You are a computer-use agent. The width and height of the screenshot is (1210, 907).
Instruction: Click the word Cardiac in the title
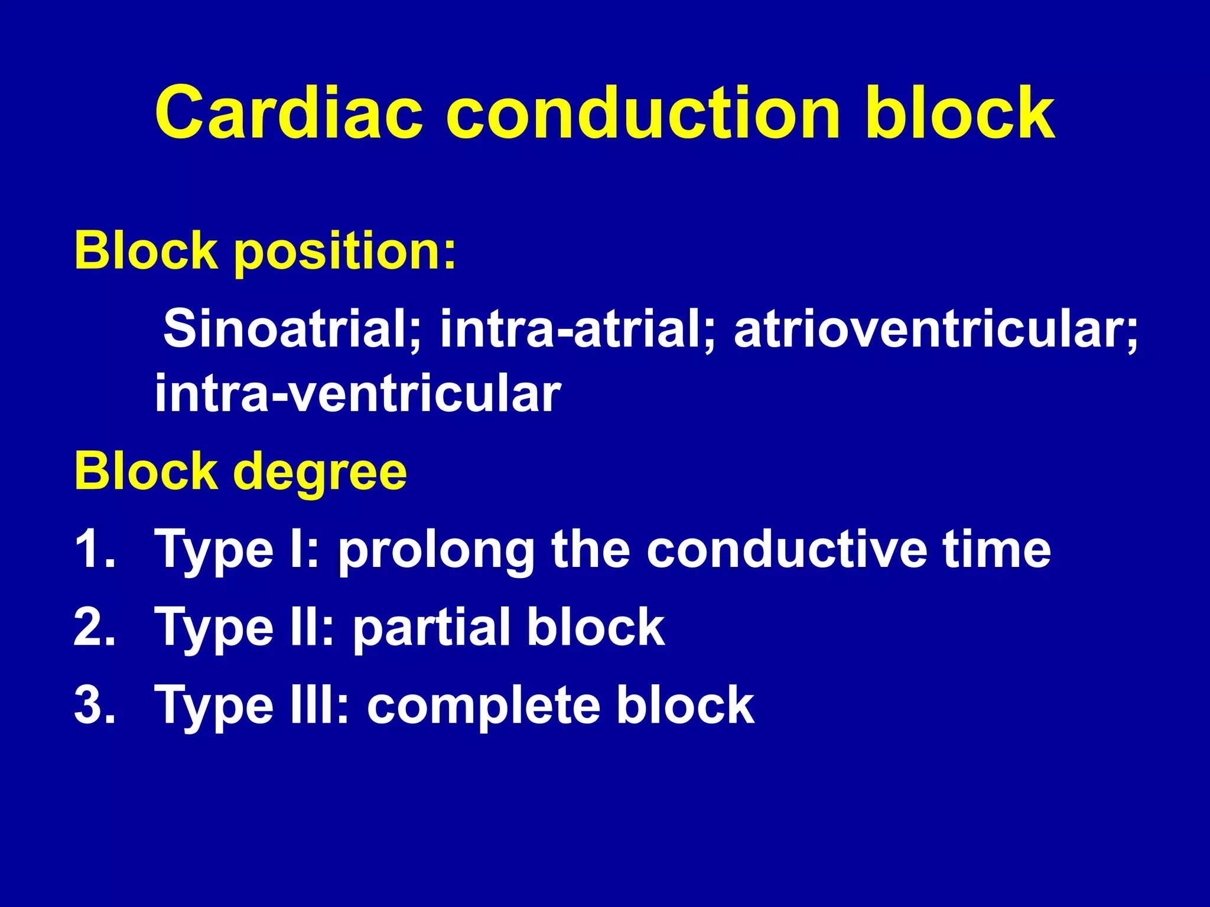288,112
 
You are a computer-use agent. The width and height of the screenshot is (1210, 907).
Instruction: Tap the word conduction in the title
643,112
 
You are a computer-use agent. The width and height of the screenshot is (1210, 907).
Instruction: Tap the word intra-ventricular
357,394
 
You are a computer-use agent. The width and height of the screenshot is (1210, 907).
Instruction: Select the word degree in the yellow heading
319,472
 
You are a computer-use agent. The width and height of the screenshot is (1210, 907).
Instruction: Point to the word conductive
786,549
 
